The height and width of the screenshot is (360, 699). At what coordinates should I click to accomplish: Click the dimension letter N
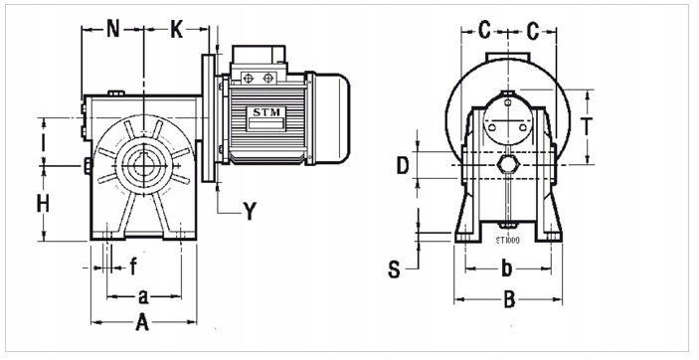(x=112, y=29)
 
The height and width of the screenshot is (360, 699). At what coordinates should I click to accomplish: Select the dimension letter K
(x=177, y=29)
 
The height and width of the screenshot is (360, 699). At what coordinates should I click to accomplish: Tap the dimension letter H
(x=43, y=204)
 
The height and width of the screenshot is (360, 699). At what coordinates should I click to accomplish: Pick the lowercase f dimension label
(x=133, y=266)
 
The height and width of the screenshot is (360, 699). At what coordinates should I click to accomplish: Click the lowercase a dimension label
(x=143, y=295)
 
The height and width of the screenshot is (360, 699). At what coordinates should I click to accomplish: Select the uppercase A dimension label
(x=142, y=322)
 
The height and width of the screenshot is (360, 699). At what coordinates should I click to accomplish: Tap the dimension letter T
(x=587, y=127)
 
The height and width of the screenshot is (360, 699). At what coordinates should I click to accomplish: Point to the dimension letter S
(x=394, y=269)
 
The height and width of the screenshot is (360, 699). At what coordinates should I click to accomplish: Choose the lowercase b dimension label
(x=505, y=268)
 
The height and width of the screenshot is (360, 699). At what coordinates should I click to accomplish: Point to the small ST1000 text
(x=507, y=240)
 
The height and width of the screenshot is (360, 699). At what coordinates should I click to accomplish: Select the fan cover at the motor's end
(x=332, y=118)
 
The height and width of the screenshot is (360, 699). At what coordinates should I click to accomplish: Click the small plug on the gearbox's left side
(x=88, y=163)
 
